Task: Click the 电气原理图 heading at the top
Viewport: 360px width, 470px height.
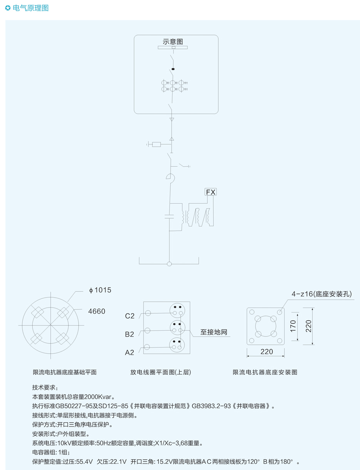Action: coord(30,8)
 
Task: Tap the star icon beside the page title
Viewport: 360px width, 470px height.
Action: coord(8,8)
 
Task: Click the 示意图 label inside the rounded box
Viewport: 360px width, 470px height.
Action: coord(172,42)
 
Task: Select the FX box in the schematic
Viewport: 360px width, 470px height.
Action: coord(210,192)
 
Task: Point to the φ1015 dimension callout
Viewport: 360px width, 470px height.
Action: coord(100,290)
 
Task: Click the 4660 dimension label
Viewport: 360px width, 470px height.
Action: coord(97,311)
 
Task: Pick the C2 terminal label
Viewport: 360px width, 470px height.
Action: coord(130,316)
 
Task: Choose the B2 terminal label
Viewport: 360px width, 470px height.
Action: coord(129,335)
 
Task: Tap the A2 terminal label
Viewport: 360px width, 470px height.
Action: coord(129,353)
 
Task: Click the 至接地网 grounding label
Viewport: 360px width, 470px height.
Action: coord(214,332)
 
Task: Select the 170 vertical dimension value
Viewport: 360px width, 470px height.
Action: coord(293,326)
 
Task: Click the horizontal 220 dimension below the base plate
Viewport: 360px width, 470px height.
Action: coord(266,352)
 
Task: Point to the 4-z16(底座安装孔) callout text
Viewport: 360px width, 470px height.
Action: coord(321,294)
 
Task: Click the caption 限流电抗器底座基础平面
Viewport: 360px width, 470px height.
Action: coord(65,372)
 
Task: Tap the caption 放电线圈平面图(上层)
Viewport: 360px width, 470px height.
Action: coord(161,372)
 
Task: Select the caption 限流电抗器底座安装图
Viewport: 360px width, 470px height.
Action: coord(265,372)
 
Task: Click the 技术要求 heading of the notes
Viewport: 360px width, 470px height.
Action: coord(45,387)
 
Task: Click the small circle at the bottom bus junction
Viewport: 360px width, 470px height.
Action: coord(169,264)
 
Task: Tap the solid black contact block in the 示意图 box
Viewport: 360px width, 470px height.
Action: coord(173,69)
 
